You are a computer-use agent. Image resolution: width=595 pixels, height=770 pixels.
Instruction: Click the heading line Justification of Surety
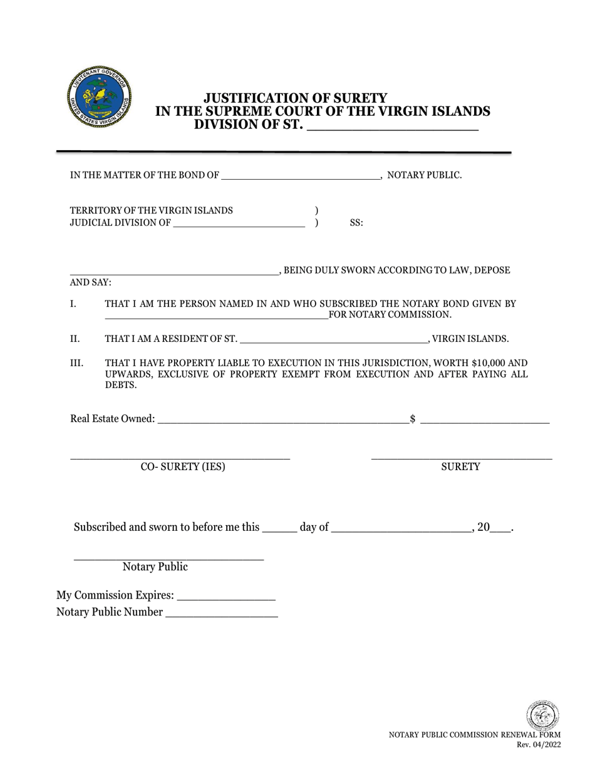click(296, 98)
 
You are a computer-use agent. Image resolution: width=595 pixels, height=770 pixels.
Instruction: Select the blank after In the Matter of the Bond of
click(301, 175)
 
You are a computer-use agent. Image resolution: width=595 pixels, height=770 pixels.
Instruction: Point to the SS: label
click(356, 223)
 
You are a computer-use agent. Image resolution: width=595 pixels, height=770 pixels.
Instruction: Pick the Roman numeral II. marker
click(75, 339)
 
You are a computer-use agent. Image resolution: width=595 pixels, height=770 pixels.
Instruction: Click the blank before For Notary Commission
click(216, 314)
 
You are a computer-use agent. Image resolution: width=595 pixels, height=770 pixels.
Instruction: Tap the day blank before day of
click(278, 527)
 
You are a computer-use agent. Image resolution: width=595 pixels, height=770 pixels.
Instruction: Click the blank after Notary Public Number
click(222, 613)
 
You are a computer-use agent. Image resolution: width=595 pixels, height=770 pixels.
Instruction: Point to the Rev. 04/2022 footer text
click(538, 744)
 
